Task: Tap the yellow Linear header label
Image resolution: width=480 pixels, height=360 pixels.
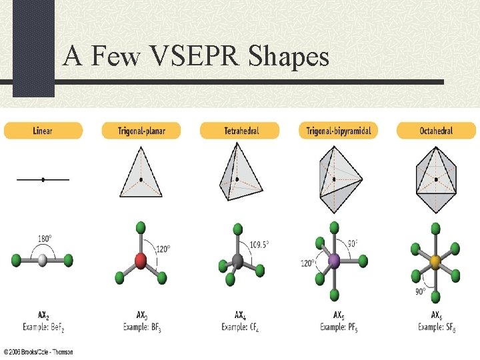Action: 43,131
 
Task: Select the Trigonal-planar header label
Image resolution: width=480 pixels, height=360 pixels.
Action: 141,131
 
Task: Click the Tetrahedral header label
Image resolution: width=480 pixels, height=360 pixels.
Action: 239,131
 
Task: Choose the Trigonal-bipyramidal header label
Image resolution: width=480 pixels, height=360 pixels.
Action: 338,131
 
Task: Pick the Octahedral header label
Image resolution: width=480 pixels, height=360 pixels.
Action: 436,131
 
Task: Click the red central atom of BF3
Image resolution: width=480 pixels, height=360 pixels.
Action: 141,259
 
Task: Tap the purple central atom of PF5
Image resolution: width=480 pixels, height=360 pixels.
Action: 335,261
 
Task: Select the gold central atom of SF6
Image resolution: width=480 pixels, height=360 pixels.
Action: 436,260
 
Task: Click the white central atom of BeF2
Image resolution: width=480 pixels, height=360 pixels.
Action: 43,260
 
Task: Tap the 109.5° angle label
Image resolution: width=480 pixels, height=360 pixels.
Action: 259,244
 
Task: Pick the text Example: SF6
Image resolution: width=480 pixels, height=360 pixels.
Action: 437,327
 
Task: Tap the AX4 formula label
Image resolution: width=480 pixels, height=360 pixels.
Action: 239,315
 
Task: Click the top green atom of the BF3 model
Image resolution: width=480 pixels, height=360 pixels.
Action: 141,228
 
